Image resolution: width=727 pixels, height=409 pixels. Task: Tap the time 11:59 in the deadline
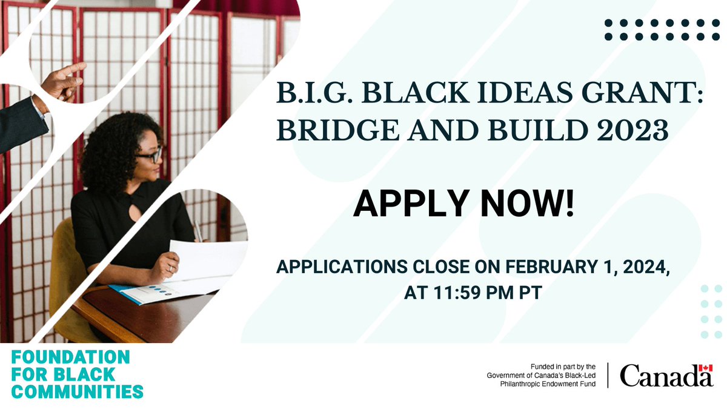coord(453,293)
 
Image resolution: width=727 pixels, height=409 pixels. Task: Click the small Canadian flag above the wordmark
coord(705,368)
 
